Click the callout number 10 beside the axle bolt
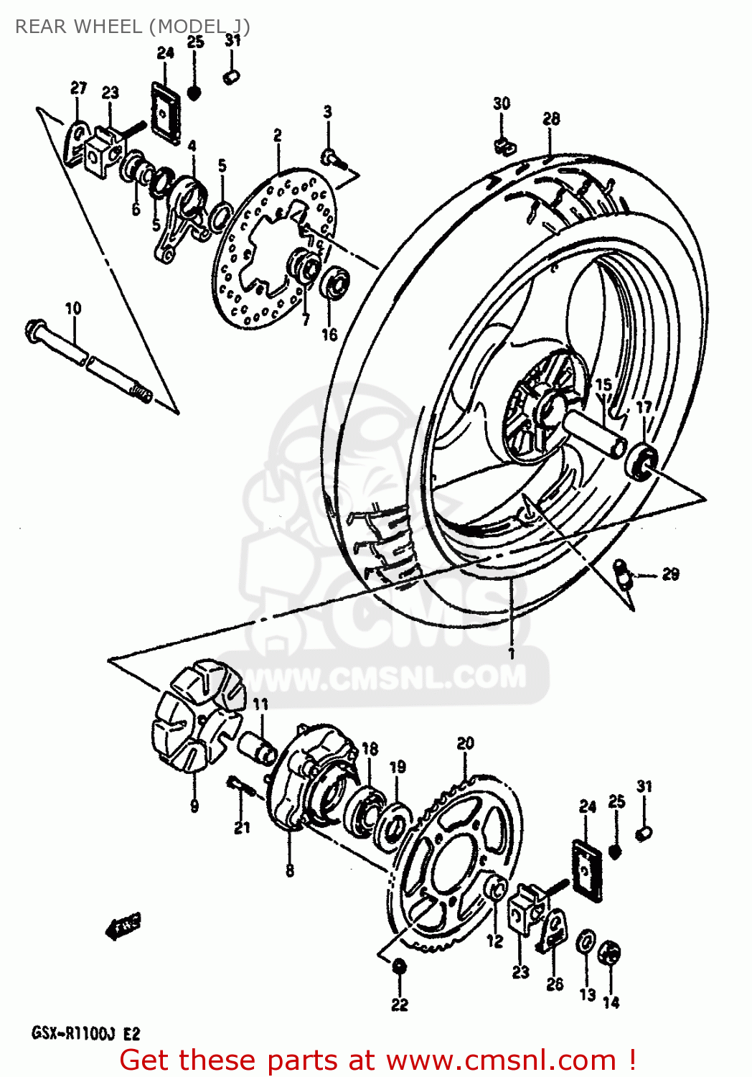pos(73,309)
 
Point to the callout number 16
pos(329,335)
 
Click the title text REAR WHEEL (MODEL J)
pos(133,27)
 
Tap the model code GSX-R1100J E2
pos(85,1034)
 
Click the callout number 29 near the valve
pos(669,574)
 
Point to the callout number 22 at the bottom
pos(400,1004)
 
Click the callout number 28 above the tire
pos(551,119)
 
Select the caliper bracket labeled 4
pos(183,215)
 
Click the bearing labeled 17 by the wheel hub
pos(641,460)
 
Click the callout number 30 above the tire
pos(502,103)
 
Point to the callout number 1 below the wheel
pos(511,653)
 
